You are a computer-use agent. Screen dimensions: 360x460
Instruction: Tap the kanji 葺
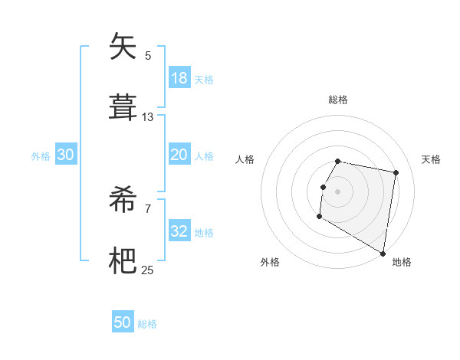(123, 107)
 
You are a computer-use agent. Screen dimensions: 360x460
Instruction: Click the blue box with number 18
(179, 78)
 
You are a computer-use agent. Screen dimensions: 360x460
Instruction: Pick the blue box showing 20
(179, 155)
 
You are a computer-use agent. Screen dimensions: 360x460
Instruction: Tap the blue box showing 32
(179, 231)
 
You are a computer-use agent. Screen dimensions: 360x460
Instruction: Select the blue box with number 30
(66, 155)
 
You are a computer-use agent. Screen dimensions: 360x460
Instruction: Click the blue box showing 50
(123, 322)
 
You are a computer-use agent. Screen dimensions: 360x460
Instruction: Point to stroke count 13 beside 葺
(148, 117)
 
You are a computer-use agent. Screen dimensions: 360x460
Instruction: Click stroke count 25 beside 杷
(148, 270)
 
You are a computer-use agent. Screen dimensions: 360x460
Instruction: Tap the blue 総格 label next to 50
(147, 324)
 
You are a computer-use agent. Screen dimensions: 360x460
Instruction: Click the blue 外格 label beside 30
(41, 156)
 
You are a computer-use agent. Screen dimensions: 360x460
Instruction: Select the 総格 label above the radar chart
(338, 100)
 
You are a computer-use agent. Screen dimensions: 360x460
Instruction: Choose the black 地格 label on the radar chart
(402, 262)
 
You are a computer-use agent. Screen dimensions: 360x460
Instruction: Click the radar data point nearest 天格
(396, 173)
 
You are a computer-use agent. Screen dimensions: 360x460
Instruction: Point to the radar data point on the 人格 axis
(324, 187)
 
